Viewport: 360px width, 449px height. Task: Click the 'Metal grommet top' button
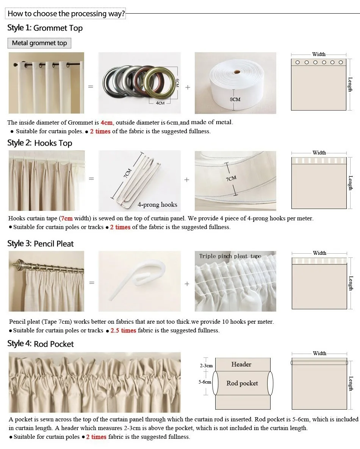(39, 43)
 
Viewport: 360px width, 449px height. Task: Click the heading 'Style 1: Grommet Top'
(45, 28)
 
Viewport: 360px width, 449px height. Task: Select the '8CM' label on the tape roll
(235, 99)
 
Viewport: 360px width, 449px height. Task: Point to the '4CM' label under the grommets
(160, 103)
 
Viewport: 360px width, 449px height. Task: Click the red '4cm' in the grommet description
(106, 123)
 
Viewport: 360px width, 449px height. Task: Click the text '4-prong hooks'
(157, 205)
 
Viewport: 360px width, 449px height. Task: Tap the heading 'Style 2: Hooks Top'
(39, 143)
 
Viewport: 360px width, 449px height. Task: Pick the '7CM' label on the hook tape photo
(231, 178)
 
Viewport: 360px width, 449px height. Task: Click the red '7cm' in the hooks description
(67, 218)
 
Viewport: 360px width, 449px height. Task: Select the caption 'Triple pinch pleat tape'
(230, 256)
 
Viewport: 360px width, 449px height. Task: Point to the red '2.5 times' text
(123, 331)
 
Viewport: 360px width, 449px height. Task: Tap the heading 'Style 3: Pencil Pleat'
(41, 244)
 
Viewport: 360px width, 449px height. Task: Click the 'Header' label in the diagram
(241, 364)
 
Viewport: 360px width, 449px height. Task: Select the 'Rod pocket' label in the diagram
(242, 383)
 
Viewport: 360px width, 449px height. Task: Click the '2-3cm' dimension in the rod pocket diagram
(206, 366)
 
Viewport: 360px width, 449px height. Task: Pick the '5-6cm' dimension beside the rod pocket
(205, 382)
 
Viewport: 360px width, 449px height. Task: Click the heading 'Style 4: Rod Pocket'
(41, 344)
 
